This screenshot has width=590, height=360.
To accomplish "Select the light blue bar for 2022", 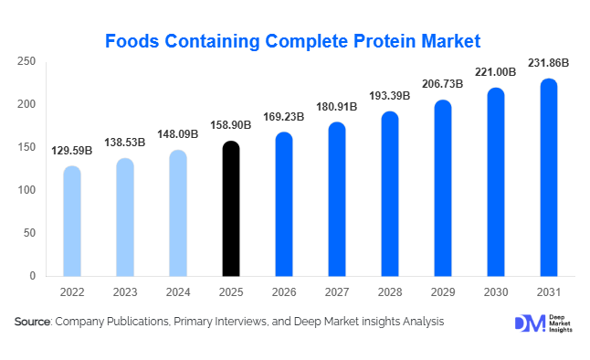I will click(72, 221).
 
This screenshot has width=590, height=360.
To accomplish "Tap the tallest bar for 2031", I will click(549, 177).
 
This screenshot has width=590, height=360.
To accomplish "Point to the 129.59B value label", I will click(72, 150).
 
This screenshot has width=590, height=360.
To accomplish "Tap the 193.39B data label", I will click(390, 96).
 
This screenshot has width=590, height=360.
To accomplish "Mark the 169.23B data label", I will click(284, 116).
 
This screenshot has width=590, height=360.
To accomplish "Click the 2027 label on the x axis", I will click(337, 292).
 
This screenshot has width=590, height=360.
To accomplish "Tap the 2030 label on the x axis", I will click(496, 292).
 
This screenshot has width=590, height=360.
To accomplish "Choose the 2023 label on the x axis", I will click(125, 292).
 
